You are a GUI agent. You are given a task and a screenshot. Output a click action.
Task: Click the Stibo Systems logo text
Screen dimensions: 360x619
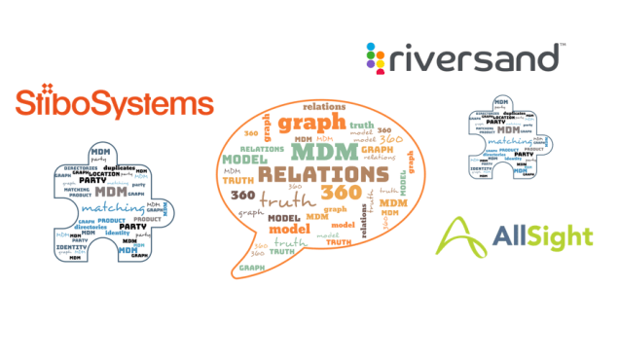(x=115, y=104)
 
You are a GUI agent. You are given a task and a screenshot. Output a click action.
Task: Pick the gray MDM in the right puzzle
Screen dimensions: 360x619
(x=505, y=130)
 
